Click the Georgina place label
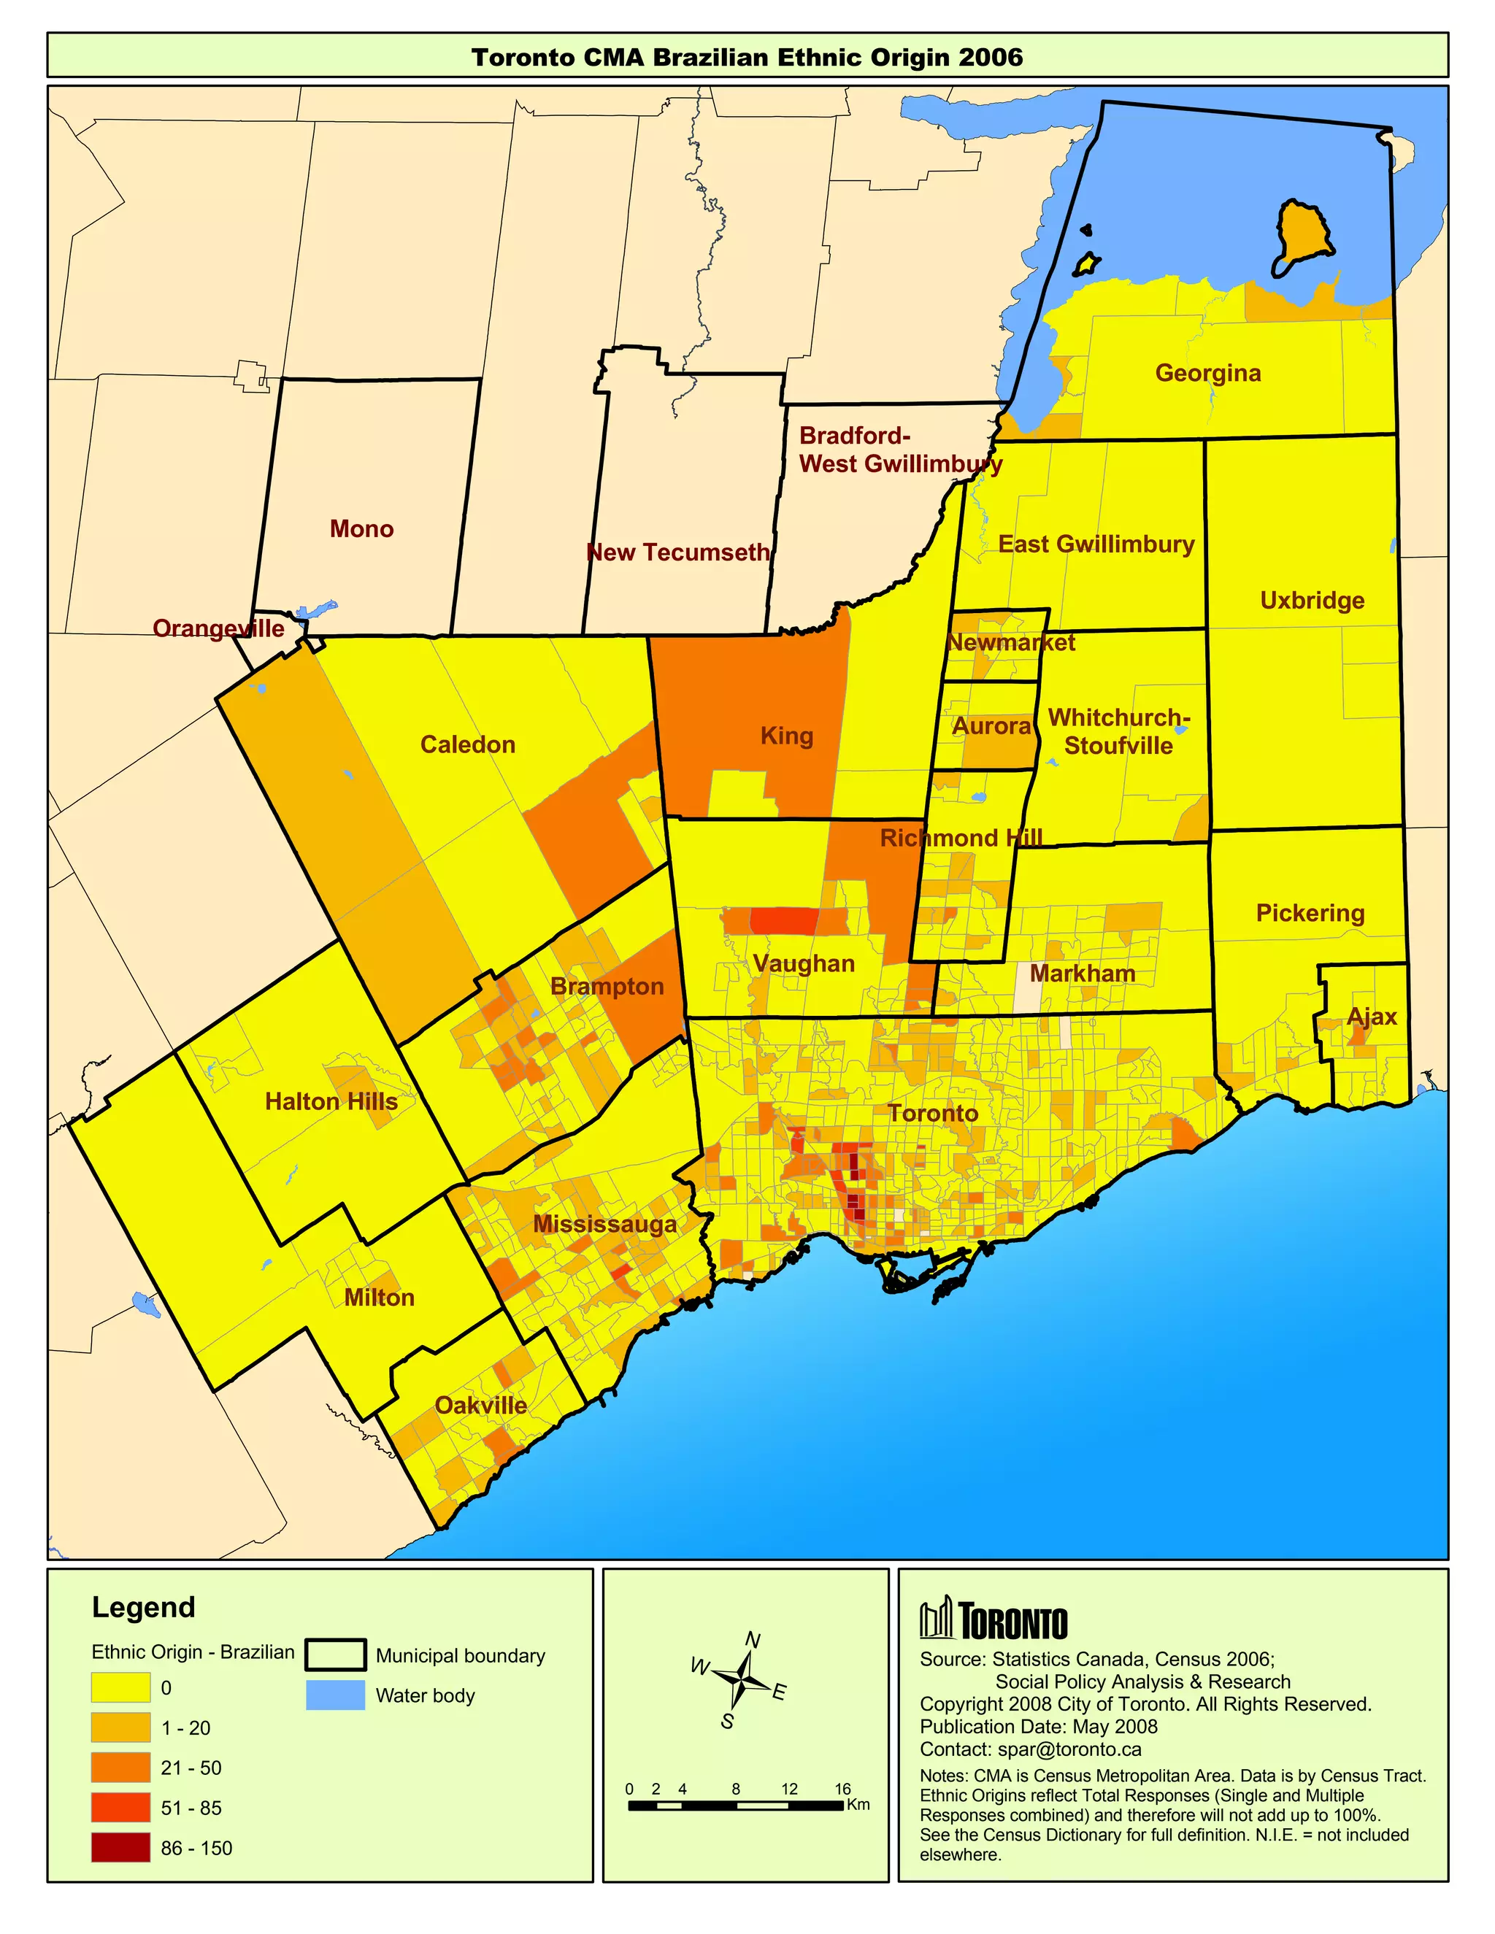[x=1207, y=373]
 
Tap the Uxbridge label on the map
[x=1312, y=601]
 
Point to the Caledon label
[x=468, y=744]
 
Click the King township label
[x=786, y=736]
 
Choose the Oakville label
[x=481, y=1406]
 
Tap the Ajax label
[x=1371, y=1017]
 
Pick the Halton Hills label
[x=331, y=1101]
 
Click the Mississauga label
[x=605, y=1224]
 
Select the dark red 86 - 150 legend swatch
[x=120, y=1848]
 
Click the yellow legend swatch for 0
[x=120, y=1688]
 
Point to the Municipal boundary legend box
[x=335, y=1655]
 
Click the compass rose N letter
[x=753, y=1640]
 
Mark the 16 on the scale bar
[x=842, y=1789]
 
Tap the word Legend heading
[x=144, y=1607]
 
